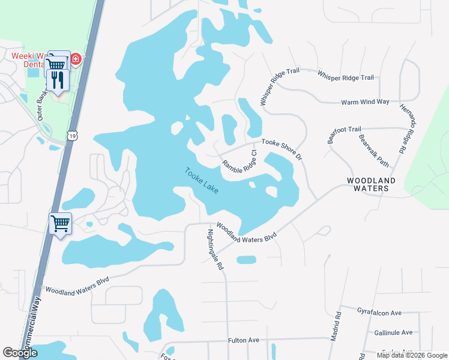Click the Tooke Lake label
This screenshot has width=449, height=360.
pyautogui.click(x=202, y=179)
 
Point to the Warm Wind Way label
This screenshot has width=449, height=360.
pyautogui.click(x=365, y=102)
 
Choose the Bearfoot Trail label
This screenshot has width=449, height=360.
pyautogui.click(x=344, y=133)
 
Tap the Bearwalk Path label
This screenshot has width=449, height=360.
pyautogui.click(x=373, y=150)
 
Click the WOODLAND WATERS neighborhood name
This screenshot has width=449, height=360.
pyautogui.click(x=372, y=184)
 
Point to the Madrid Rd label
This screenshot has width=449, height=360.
pyautogui.click(x=338, y=323)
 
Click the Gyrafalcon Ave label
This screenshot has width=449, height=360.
pyautogui.click(x=379, y=313)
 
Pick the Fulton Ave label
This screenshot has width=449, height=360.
pyautogui.click(x=243, y=340)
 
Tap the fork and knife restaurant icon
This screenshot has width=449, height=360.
pyautogui.click(x=56, y=79)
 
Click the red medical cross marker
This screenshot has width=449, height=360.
pyautogui.click(x=76, y=59)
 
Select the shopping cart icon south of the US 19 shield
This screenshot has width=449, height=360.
pyautogui.click(x=60, y=224)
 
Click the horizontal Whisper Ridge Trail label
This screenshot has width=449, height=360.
pyautogui.click(x=345, y=77)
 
